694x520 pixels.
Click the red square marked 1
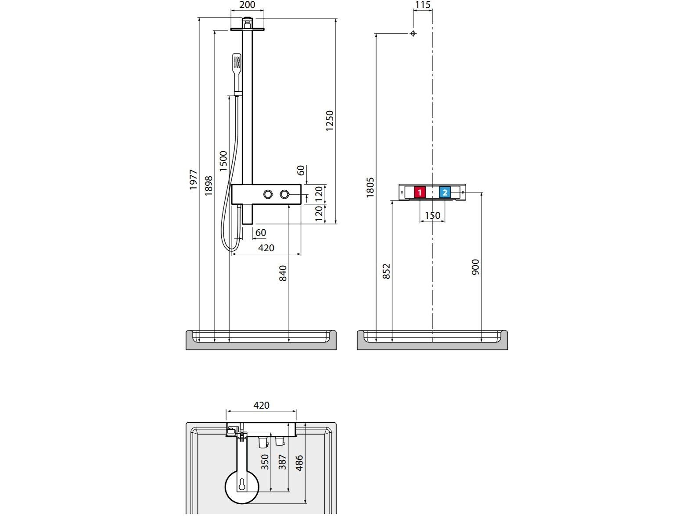click(x=420, y=192)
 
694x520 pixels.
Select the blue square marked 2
click(x=445, y=192)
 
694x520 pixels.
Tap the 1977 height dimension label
click(x=193, y=180)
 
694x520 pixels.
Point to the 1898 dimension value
click(x=209, y=185)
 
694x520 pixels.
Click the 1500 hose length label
click(x=223, y=161)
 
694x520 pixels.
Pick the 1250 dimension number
click(x=330, y=121)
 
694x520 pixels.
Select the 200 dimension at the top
click(x=247, y=5)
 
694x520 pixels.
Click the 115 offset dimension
click(x=423, y=5)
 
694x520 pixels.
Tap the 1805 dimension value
click(x=370, y=188)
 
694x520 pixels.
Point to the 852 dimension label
click(x=386, y=271)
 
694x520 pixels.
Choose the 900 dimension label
click(x=475, y=267)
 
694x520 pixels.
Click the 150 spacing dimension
click(x=432, y=215)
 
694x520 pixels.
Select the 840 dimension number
click(x=283, y=273)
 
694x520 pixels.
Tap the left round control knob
click(x=268, y=194)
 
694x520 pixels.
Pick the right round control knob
click(x=284, y=194)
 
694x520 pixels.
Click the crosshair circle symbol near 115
click(x=413, y=33)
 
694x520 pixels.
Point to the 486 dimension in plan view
click(x=299, y=463)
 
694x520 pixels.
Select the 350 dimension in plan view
click(x=265, y=462)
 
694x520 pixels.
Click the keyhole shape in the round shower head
click(x=242, y=485)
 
